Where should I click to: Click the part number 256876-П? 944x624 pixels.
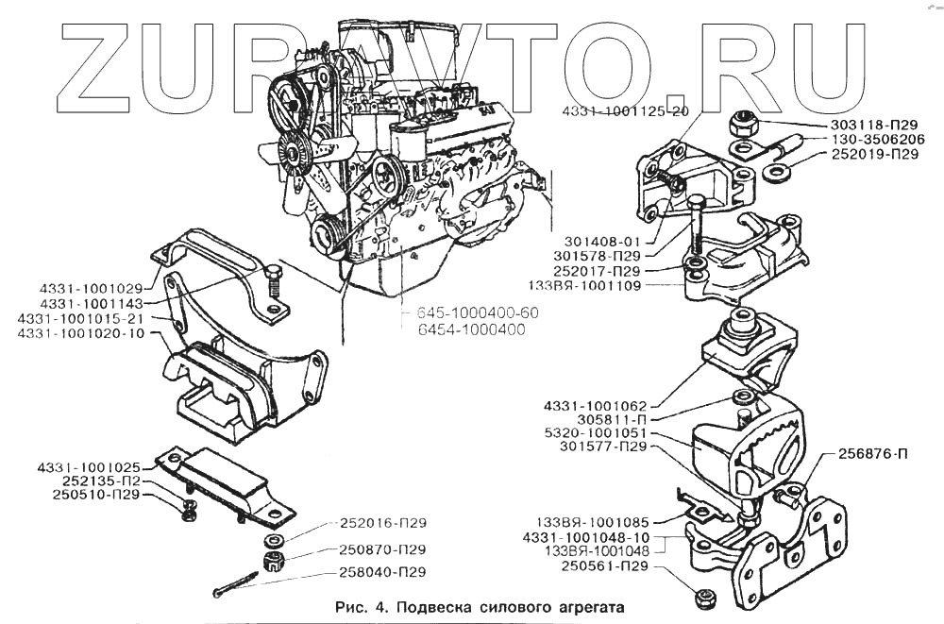pyautogui.click(x=873, y=454)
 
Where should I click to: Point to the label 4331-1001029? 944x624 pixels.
pyautogui.click(x=92, y=288)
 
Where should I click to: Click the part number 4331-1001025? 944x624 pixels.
pyautogui.click(x=90, y=467)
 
